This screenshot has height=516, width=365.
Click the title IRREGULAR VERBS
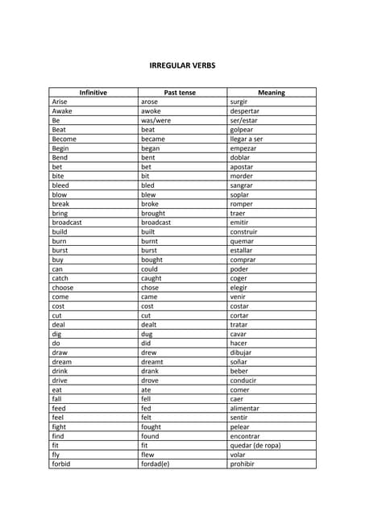point(182,65)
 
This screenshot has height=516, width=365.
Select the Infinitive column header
point(93,93)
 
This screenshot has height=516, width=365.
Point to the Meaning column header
point(272,93)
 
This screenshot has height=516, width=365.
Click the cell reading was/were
point(155,120)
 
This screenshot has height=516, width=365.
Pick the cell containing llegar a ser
point(247,139)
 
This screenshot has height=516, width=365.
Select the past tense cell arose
point(150,102)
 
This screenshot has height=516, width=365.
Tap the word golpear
point(243,130)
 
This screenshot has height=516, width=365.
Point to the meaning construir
point(244,231)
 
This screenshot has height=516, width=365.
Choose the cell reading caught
point(151,278)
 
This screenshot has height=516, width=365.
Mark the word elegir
point(239,288)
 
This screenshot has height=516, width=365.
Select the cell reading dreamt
point(152,362)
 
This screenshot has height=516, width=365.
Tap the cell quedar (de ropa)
point(255,445)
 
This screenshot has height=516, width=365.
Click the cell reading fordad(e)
point(156,464)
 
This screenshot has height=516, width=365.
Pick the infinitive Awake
point(62,111)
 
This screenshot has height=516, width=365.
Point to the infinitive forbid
point(61,464)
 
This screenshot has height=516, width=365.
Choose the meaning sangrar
point(242,185)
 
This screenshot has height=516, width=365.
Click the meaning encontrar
point(245,436)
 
